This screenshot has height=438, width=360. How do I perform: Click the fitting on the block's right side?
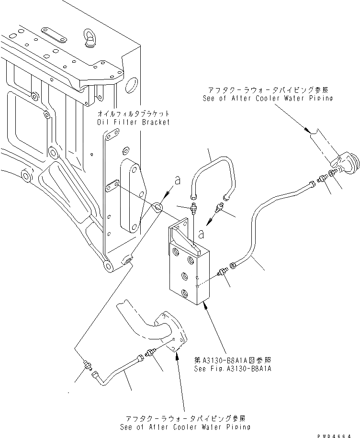[x=222, y=272]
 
